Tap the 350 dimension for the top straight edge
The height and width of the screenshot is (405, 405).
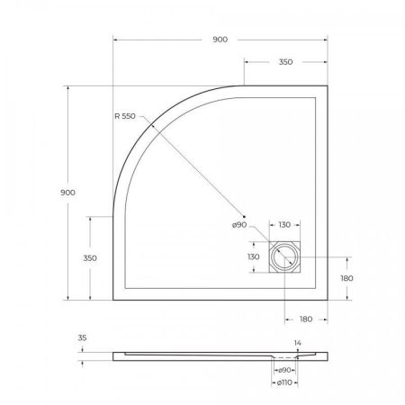pyautogui.click(x=286, y=62)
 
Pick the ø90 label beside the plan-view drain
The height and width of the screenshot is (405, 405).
pyautogui.click(x=239, y=225)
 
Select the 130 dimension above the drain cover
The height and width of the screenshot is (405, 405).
pyautogui.click(x=284, y=225)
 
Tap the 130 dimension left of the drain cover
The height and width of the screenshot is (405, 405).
pyautogui.click(x=254, y=256)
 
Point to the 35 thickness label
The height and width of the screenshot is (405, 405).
pyautogui.click(x=84, y=340)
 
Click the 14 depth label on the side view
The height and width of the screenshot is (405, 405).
pyautogui.click(x=298, y=343)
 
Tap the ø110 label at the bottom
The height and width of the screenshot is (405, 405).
pyautogui.click(x=285, y=383)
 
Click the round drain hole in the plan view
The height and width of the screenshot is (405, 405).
pyautogui.click(x=286, y=256)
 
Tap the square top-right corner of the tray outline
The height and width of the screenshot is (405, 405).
pyautogui.click(x=326, y=85)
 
